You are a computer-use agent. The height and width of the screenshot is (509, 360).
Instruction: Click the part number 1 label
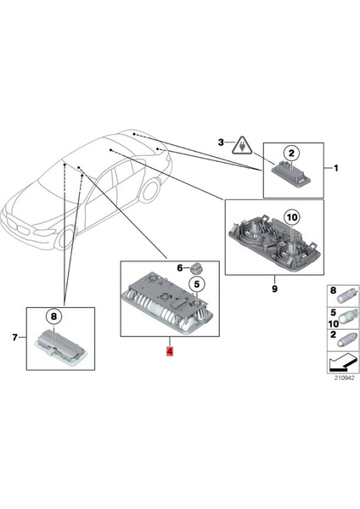point(336,169)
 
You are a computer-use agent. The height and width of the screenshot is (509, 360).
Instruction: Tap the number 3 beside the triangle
point(222,142)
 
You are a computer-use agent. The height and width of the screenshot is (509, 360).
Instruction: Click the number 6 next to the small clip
point(179,267)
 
